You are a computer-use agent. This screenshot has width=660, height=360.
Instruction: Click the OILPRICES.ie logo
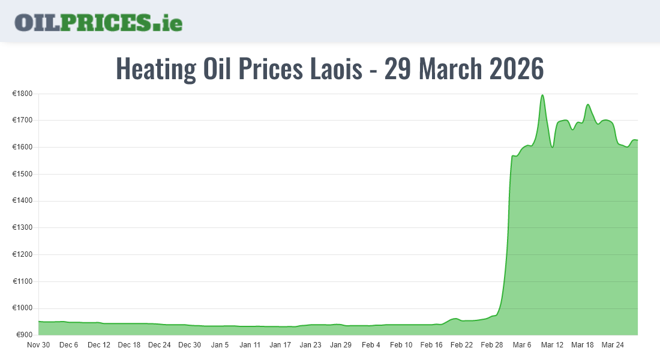pyautogui.click(x=98, y=22)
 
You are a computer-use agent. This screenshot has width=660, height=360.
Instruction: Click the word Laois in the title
pyautogui.click(x=335, y=69)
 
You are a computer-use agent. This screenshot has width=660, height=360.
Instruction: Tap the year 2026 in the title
pyautogui.click(x=516, y=69)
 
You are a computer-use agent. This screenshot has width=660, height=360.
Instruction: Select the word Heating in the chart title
pyautogui.click(x=155, y=69)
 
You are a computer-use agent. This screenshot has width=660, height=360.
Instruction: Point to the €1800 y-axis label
pyautogui.click(x=22, y=94)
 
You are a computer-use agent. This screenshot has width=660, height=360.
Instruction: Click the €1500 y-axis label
pyautogui.click(x=22, y=174)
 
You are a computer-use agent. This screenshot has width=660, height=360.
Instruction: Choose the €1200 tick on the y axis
pyautogui.click(x=22, y=254)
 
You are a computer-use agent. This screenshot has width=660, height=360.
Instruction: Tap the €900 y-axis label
pyautogui.click(x=24, y=335)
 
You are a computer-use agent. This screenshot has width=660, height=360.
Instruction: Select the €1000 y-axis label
pyautogui.click(x=22, y=308)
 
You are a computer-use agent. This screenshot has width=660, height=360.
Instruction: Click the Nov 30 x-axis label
pyautogui.click(x=38, y=345)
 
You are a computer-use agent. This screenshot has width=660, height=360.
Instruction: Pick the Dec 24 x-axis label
pyautogui.click(x=160, y=345)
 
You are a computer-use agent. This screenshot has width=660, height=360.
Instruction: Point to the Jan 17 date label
pyautogui.click(x=280, y=345)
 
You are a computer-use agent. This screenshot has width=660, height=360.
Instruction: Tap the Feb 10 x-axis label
pyautogui.click(x=401, y=345)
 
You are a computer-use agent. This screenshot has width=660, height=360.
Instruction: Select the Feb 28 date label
pyautogui.click(x=491, y=345)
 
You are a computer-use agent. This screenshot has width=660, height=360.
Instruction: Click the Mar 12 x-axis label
pyautogui.click(x=552, y=345)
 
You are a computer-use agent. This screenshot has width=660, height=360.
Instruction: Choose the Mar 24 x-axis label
pyautogui.click(x=612, y=345)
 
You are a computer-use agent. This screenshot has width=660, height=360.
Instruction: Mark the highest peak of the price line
pyautogui.click(x=542, y=95)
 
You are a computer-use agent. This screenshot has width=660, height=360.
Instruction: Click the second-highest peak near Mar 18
pyautogui.click(x=587, y=105)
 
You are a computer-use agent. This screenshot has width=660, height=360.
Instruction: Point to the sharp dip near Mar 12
pyautogui.click(x=552, y=147)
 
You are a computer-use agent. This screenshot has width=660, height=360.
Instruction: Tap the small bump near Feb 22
pyautogui.click(x=455, y=319)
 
